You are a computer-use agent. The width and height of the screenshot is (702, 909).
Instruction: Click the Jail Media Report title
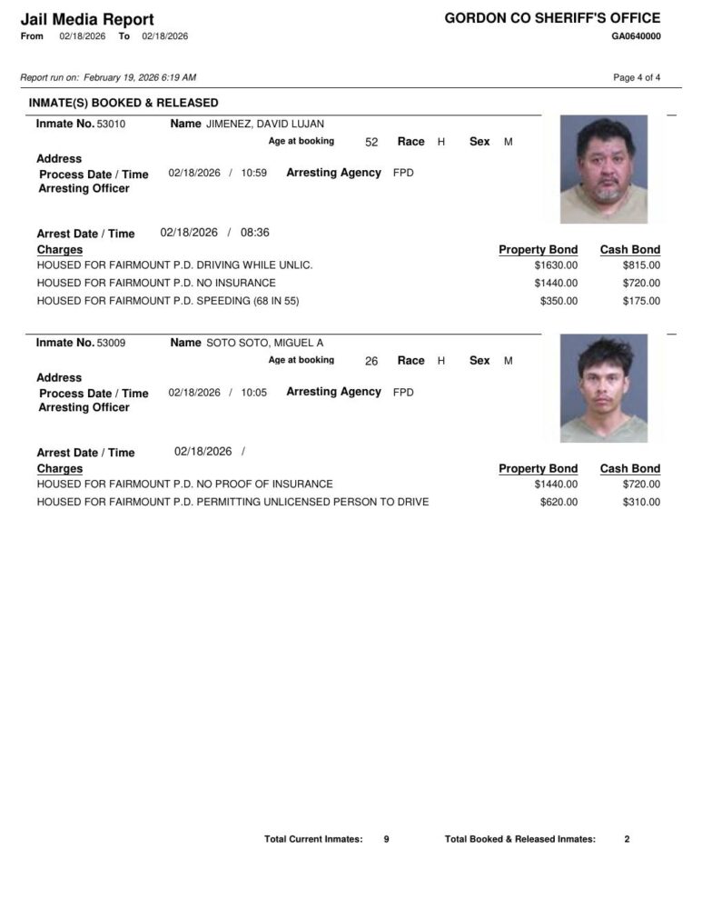click(87, 19)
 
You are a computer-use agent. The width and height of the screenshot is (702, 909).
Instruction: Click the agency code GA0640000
click(636, 36)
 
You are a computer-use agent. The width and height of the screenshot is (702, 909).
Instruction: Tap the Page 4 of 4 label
click(637, 77)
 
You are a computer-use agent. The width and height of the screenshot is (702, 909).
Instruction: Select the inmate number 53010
click(111, 124)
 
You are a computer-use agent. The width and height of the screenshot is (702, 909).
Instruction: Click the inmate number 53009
click(111, 343)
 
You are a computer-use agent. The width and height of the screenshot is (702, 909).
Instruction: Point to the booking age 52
click(371, 142)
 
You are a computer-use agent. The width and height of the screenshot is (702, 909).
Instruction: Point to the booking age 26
click(371, 361)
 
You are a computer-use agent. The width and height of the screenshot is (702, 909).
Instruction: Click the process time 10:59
click(254, 173)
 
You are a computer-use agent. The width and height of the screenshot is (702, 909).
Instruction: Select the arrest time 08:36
click(254, 233)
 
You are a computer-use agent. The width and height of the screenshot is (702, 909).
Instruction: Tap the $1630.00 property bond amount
click(556, 265)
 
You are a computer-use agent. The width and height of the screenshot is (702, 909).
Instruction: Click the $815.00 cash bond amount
click(641, 265)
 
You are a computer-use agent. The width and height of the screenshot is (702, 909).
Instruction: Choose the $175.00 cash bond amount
click(641, 301)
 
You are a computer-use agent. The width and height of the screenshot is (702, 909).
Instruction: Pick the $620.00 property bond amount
click(559, 502)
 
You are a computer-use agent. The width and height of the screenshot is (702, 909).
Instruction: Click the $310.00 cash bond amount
click(641, 502)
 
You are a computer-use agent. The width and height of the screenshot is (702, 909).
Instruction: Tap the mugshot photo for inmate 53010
click(604, 168)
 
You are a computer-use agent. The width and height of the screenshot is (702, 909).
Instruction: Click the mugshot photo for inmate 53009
click(604, 388)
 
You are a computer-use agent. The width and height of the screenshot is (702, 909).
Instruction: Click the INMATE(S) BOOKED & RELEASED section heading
click(124, 103)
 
